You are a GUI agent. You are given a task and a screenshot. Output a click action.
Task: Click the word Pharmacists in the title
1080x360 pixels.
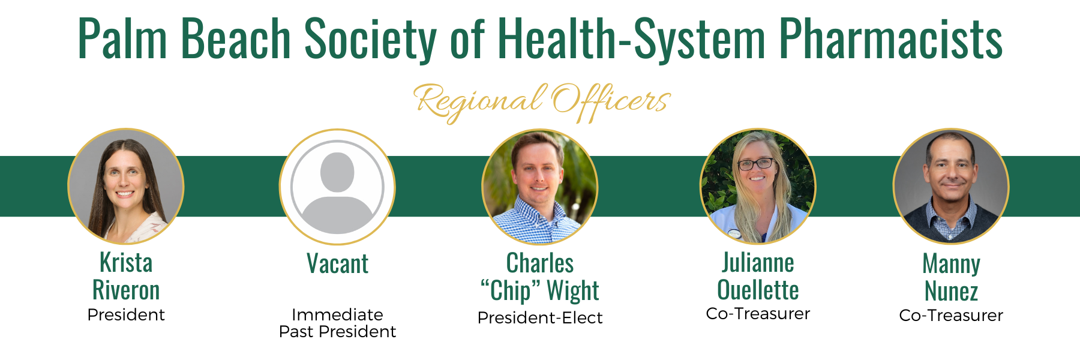(x=890, y=39)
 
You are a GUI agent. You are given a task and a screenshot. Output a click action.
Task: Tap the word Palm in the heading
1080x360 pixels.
(x=122, y=39)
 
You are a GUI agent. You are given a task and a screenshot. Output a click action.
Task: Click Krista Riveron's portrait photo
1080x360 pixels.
(x=126, y=187)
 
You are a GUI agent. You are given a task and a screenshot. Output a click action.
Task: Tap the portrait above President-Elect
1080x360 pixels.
(x=540, y=187)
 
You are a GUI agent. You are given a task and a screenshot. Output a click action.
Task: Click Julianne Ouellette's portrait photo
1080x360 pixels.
(x=758, y=187)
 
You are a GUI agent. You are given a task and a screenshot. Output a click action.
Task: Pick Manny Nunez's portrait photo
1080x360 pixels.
(x=951, y=187)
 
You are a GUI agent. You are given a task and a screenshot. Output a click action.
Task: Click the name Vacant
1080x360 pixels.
(x=337, y=263)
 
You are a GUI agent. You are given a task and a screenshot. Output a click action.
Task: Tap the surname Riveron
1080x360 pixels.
(x=126, y=290)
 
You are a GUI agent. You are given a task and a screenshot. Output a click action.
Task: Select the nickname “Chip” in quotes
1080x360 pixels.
(x=506, y=291)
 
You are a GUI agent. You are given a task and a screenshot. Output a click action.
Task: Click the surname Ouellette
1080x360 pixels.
(x=758, y=290)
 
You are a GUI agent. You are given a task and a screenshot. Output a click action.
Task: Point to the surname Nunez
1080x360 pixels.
(x=951, y=292)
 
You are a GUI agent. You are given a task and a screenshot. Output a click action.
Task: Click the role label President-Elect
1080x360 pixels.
(x=540, y=317)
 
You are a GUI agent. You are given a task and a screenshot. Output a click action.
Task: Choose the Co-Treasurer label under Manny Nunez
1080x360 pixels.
(x=951, y=315)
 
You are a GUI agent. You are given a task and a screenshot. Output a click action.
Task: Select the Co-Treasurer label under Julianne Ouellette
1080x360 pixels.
(x=758, y=313)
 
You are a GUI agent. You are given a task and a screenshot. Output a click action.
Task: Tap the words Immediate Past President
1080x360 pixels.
(x=337, y=323)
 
